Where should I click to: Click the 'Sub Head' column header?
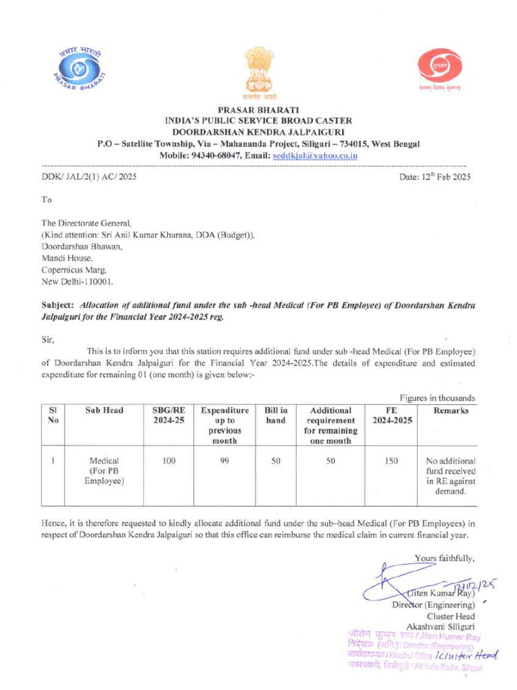[x=104, y=411]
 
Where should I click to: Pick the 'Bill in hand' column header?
[x=275, y=416]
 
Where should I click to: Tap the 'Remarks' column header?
[x=450, y=411]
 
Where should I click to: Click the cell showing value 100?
[x=168, y=462]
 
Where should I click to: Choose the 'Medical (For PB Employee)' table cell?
[x=104, y=471]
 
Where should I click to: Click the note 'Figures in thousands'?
[x=438, y=398]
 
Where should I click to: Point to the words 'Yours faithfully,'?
[x=445, y=557]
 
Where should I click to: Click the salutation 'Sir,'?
[x=47, y=340]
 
